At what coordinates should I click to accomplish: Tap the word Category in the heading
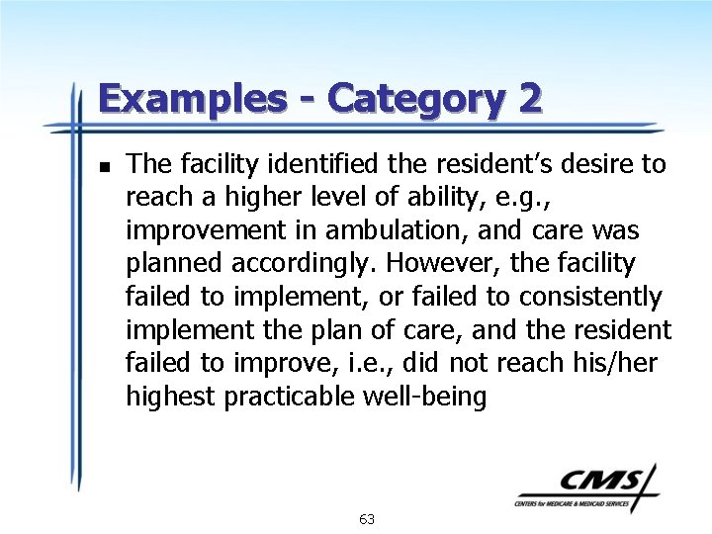(x=420, y=99)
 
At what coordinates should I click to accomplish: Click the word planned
(x=168, y=264)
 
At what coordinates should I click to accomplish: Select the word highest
(x=170, y=398)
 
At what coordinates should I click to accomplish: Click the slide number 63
(x=367, y=519)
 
